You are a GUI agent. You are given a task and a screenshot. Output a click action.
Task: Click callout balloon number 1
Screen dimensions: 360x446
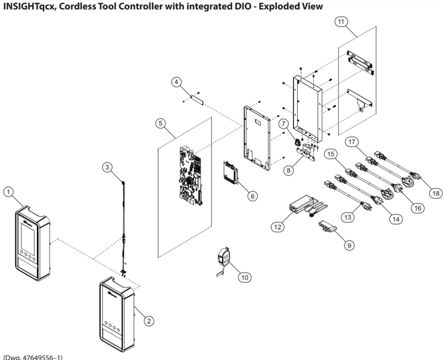point(9,191)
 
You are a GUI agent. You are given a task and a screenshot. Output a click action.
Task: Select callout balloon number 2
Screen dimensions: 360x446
point(148,320)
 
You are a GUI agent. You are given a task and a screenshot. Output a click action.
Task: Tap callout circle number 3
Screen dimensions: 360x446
point(108,167)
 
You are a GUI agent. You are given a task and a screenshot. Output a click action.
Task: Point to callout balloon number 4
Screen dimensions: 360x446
point(176,81)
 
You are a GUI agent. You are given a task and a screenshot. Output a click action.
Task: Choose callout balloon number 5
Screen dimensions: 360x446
point(161,123)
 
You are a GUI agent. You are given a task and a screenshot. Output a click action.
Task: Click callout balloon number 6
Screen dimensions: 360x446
point(252,196)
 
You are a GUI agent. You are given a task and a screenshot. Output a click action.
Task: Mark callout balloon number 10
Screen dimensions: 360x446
point(244,277)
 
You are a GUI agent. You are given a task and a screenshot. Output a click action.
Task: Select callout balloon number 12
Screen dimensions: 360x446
point(277,228)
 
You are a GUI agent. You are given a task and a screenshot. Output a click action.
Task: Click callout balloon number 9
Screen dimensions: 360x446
point(348,245)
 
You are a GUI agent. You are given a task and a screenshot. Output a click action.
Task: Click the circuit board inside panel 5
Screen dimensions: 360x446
point(191,175)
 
